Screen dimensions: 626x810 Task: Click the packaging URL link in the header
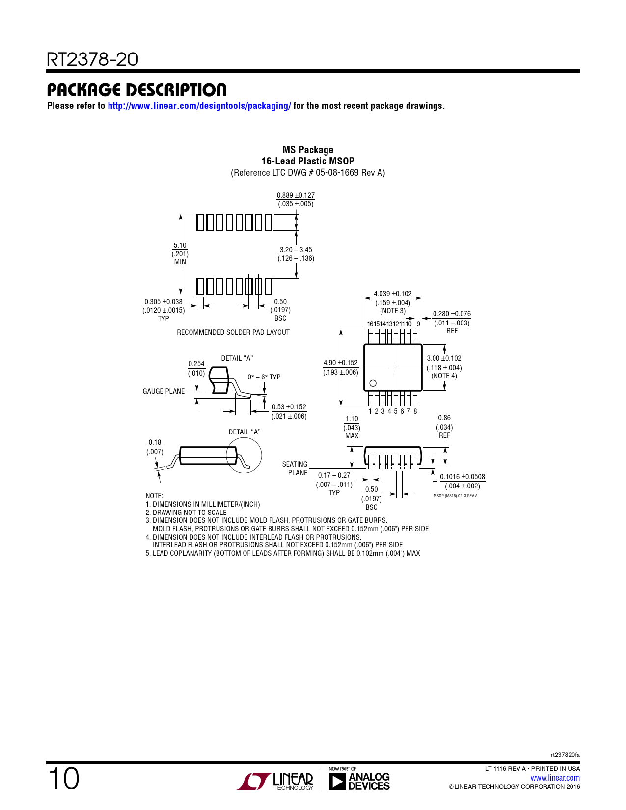199,106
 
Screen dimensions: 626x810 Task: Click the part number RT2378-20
92,59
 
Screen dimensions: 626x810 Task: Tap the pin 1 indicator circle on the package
373,383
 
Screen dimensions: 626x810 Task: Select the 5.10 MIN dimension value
180,253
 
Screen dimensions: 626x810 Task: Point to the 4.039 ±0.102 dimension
393,294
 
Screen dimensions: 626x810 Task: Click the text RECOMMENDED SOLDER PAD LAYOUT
233,332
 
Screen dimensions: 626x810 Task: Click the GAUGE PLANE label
163,391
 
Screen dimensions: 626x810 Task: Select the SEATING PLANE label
295,468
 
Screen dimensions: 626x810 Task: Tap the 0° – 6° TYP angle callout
264,377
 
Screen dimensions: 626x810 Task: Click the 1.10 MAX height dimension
352,427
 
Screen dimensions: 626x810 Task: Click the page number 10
64,779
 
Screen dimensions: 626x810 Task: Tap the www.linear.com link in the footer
555,778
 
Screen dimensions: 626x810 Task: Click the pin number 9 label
418,324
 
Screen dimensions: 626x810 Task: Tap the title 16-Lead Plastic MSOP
308,161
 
